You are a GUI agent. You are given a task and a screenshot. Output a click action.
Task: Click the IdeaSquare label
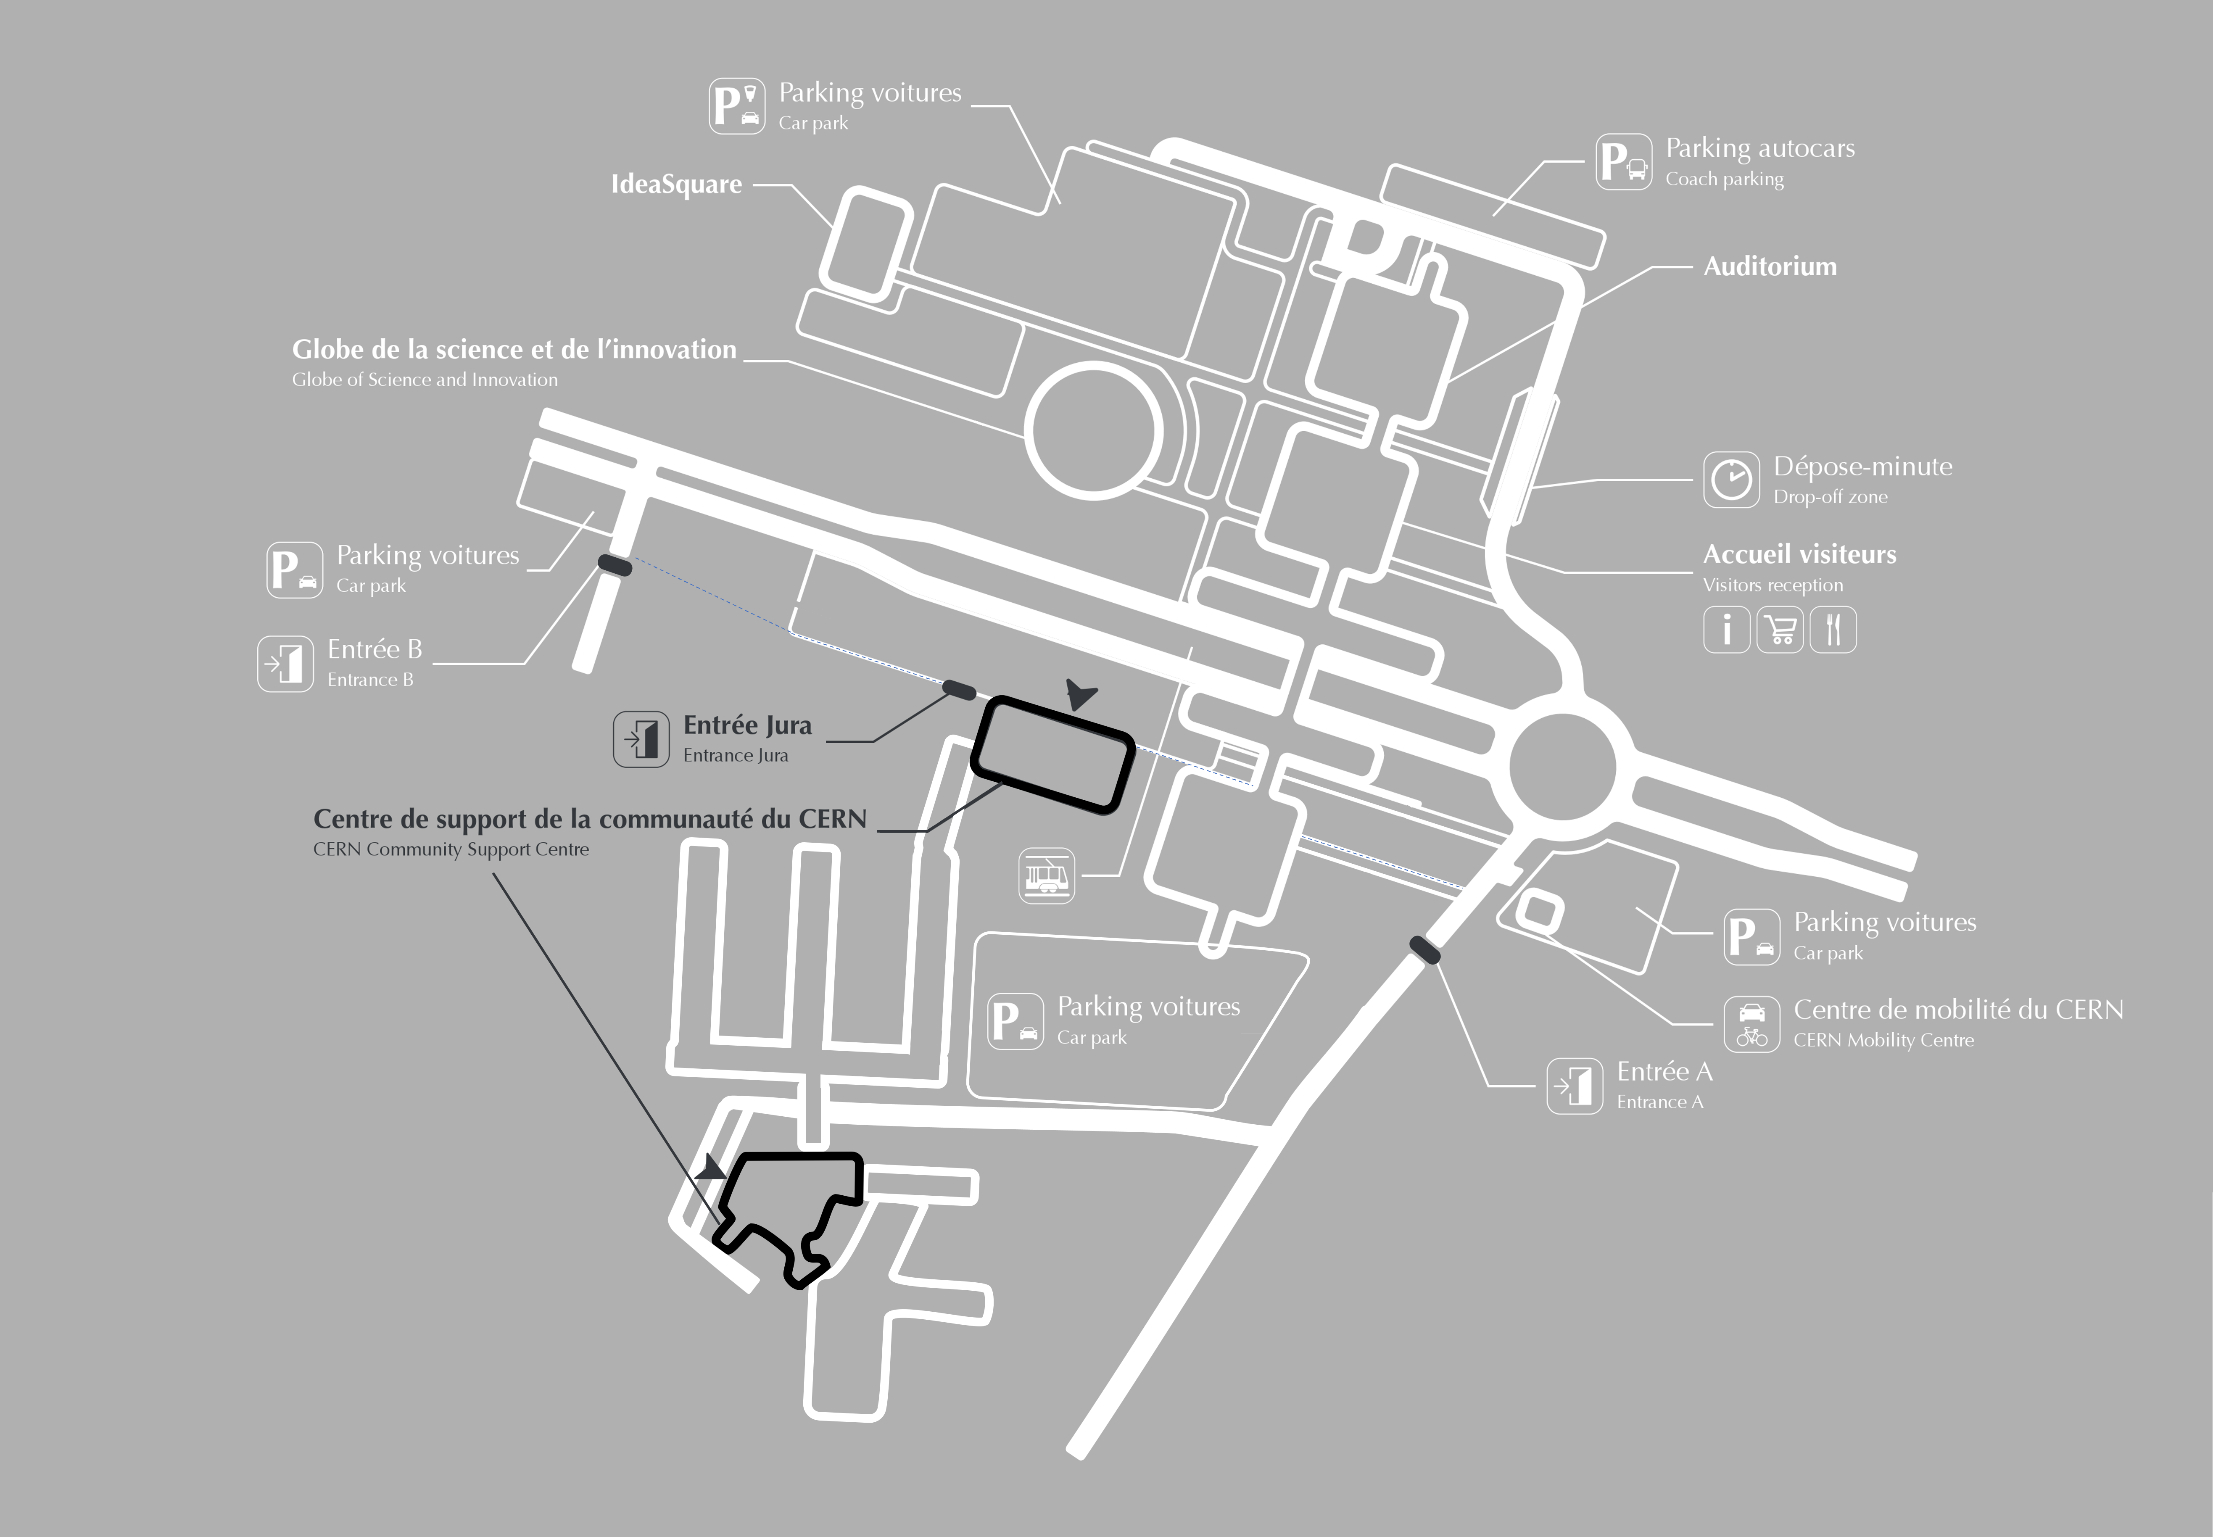676,184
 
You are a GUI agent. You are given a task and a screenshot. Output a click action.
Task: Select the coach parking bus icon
1624,162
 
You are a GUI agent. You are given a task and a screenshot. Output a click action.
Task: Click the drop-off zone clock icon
1730,479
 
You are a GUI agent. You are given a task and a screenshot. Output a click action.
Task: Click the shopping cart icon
1780,630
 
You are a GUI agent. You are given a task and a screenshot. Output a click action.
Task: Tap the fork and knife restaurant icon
1833,630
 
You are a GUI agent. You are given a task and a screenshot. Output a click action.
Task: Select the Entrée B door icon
285,664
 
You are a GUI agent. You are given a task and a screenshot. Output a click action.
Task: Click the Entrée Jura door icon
641,740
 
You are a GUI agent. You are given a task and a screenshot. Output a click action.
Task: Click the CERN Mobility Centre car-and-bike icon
1752,1024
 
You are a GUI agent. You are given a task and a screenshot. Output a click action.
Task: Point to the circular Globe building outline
1093,430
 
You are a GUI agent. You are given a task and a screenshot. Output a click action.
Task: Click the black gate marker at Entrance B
615,565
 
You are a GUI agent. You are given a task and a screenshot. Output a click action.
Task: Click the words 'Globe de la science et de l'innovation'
514,350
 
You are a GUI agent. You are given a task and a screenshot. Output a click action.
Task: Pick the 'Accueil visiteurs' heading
1799,555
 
